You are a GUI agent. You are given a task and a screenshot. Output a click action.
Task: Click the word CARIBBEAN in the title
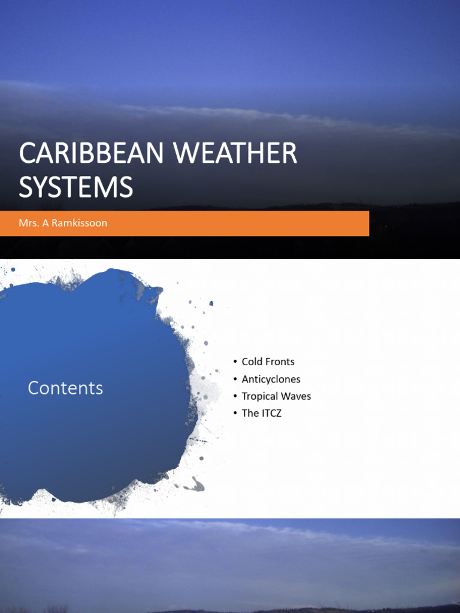90,154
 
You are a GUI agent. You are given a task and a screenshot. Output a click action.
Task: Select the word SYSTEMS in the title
76,187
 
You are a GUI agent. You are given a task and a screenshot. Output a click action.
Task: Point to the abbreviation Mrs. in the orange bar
28,223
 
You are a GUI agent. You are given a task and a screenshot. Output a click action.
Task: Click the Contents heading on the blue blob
65,388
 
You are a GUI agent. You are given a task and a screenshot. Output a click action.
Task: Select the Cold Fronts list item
268,362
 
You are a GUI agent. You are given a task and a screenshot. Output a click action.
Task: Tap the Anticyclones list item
271,379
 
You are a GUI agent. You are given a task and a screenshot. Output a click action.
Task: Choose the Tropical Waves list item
276,396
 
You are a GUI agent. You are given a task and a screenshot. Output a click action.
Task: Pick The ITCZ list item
261,413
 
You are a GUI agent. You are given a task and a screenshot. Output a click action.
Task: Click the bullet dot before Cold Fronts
235,362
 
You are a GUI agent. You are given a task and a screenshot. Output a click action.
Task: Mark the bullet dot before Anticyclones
235,379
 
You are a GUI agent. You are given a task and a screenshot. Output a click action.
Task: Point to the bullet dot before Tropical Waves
235,396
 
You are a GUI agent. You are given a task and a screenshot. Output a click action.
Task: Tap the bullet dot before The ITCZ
235,413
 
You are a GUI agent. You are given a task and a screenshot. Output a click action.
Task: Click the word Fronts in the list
280,362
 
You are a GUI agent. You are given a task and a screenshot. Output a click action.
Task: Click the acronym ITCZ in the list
270,413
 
